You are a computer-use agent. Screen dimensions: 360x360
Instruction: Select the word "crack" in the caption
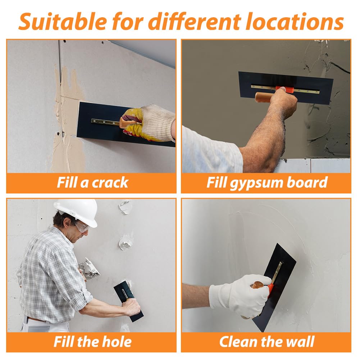(x=110, y=183)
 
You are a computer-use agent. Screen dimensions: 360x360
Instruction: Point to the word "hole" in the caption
(x=117, y=342)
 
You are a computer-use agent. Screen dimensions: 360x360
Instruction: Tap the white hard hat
(x=77, y=212)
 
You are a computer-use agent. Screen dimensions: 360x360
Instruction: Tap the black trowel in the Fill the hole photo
(x=129, y=301)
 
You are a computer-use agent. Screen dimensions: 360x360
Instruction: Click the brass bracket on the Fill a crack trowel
(x=105, y=122)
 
